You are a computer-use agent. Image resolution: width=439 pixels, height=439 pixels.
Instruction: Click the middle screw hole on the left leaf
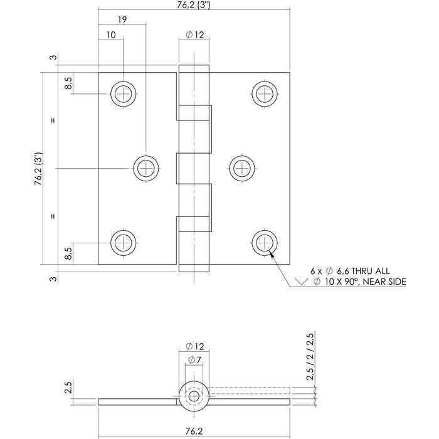145,168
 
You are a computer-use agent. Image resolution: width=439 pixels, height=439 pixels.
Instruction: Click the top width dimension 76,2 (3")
194,5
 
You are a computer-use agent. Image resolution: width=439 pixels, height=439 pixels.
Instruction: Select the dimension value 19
122,20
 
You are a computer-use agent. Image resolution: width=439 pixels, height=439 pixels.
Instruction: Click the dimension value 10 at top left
110,36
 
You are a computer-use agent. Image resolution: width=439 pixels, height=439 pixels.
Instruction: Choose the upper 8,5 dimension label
68,82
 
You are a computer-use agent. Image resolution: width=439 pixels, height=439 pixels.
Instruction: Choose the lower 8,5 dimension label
68,253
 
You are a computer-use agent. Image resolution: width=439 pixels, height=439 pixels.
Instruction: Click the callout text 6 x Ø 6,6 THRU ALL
350,271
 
